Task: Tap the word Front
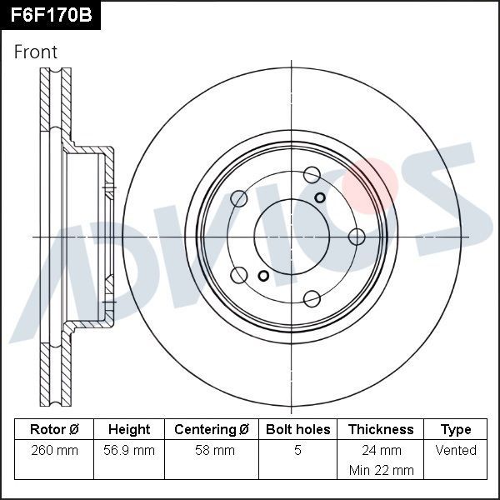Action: [36, 52]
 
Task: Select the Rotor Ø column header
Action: [54, 430]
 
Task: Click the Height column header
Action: [129, 430]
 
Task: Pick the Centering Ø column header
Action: [212, 430]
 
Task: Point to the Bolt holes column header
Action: [297, 430]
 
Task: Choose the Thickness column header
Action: [381, 430]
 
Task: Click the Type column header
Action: [456, 430]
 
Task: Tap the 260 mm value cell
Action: [54, 451]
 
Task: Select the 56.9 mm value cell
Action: [129, 451]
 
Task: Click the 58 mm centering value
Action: [212, 451]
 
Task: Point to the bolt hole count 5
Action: [297, 451]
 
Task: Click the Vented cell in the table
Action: [456, 451]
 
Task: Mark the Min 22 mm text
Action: [381, 471]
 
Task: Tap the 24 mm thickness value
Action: [381, 451]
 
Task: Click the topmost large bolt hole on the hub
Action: [312, 174]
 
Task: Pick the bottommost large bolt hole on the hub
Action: [312, 298]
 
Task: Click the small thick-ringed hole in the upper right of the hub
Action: [321, 197]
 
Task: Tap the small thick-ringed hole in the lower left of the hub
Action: [263, 276]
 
